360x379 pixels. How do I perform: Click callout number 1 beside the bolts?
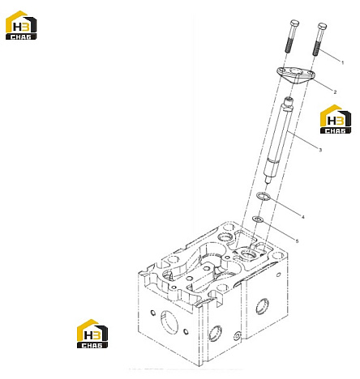[x=343, y=63]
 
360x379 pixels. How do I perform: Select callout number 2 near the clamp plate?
[x=335, y=92]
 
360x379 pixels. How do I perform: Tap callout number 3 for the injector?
[x=320, y=150]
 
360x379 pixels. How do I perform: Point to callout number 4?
[x=303, y=217]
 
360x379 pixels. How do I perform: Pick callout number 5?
[x=297, y=241]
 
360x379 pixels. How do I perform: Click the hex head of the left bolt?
[x=294, y=23]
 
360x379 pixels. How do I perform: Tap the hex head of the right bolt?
[x=322, y=26]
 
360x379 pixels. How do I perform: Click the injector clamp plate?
[x=295, y=75]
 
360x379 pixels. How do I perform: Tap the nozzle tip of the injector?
[x=268, y=180]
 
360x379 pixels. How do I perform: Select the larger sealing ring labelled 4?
[x=263, y=196]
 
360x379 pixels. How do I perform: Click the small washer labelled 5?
[x=257, y=219]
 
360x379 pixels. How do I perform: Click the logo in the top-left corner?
[x=21, y=25]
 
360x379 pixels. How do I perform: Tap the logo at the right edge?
[x=336, y=119]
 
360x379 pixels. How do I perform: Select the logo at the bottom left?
[x=92, y=334]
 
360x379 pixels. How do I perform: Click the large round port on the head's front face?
[x=169, y=323]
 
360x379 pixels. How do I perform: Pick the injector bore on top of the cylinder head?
[x=249, y=254]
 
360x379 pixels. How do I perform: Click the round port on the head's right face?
[x=262, y=306]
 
